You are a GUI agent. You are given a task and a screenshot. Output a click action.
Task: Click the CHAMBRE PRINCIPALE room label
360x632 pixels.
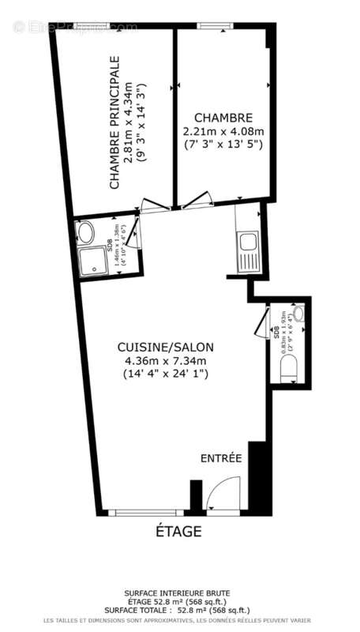point(114,122)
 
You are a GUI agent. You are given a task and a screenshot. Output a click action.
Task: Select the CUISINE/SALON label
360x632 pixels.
point(165,347)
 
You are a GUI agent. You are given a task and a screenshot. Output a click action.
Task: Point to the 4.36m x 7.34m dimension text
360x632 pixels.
point(165,361)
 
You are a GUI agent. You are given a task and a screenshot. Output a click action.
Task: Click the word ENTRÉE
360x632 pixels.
point(220,458)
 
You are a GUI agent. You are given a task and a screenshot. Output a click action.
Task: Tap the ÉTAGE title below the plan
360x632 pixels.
point(178,531)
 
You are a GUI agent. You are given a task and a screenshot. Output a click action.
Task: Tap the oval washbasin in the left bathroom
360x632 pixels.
point(85,231)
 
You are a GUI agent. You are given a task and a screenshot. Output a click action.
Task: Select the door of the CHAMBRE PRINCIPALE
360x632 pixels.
point(153,205)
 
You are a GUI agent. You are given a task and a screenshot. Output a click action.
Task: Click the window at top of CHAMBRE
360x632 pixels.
point(212,26)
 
